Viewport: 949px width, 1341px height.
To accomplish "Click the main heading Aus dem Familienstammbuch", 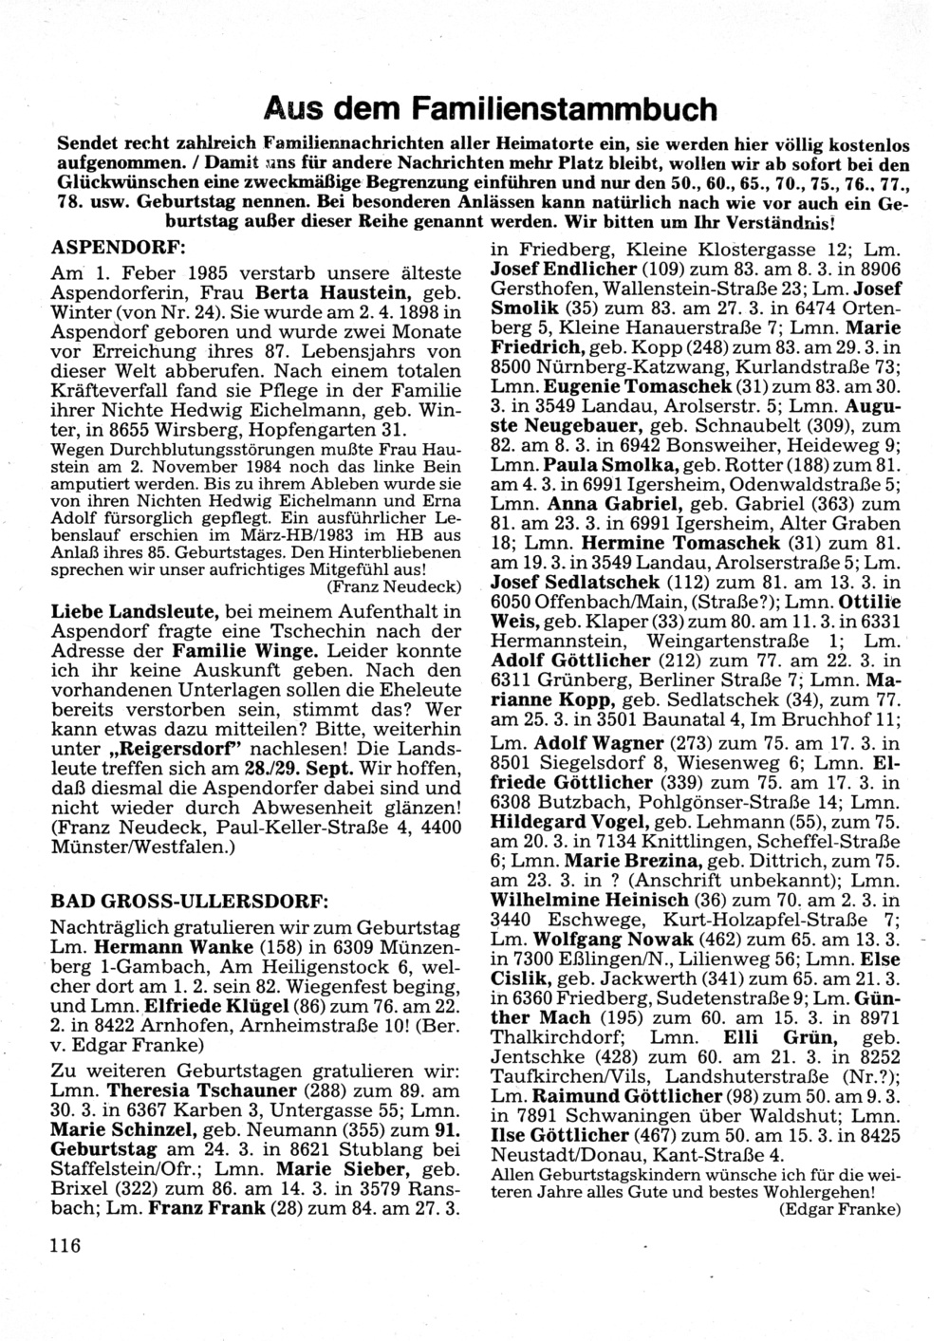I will click(490, 110).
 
